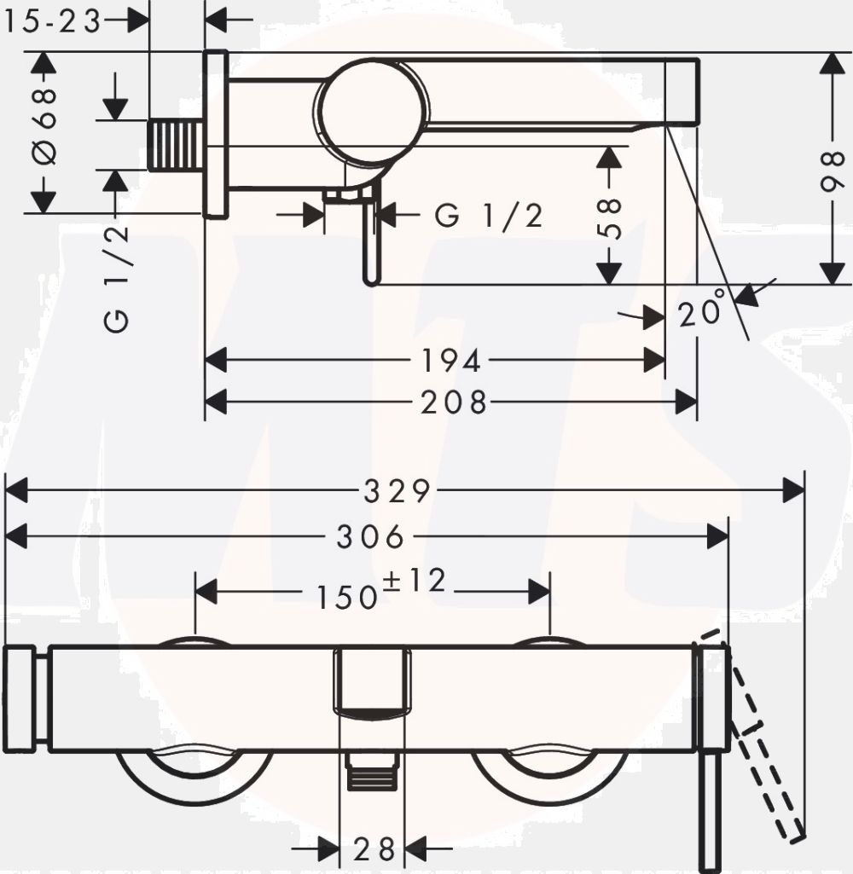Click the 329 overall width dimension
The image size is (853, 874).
coord(397,491)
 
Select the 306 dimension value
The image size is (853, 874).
coord(371,537)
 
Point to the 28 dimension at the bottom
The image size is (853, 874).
coord(374,849)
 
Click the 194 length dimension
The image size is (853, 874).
coord(451,360)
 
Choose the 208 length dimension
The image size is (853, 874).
coord(454,402)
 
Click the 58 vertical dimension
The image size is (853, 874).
coord(611,218)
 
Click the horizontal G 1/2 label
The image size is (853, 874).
coord(489,216)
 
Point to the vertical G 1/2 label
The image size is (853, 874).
coord(117,279)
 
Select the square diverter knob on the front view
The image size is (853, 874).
coord(372,680)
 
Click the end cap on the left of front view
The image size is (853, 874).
coord(20,700)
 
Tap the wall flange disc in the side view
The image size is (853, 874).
coord(217,134)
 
